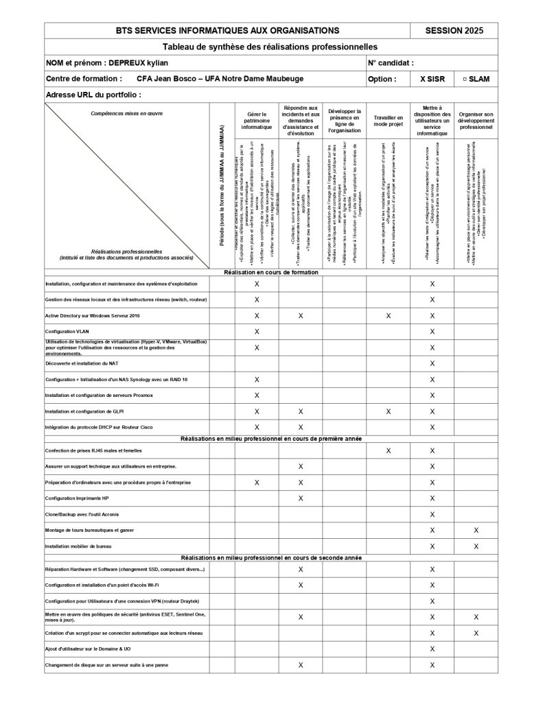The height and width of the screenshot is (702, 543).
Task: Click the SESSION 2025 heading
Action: pyautogui.click(x=454, y=30)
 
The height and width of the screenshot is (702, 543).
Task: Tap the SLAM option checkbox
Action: pyautogui.click(x=465, y=79)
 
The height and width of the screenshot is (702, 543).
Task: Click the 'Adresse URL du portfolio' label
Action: pyautogui.click(x=93, y=95)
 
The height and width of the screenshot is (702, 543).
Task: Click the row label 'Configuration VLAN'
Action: pyautogui.click(x=67, y=331)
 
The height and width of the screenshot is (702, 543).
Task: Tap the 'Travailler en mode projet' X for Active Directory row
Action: pyautogui.click(x=389, y=315)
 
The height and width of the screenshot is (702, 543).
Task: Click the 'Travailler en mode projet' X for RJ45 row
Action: pyautogui.click(x=389, y=450)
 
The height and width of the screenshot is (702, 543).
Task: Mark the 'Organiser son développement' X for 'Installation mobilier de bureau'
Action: pyautogui.click(x=476, y=546)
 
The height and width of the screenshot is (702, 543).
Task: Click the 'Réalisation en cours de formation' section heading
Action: pyautogui.click(x=271, y=272)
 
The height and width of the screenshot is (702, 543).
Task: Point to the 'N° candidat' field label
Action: pyautogui.click(x=391, y=62)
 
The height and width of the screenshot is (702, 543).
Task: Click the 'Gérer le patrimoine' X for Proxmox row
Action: pyautogui.click(x=257, y=396)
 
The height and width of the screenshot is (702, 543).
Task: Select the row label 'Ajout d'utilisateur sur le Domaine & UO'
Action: pyautogui.click(x=87, y=649)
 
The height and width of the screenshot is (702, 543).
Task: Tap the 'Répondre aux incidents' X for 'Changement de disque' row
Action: pyautogui.click(x=301, y=665)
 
